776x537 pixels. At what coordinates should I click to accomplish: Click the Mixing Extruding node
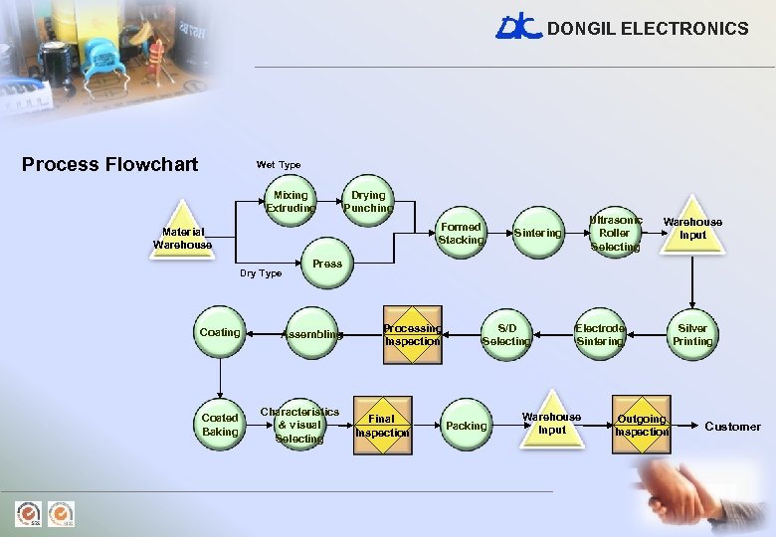(291, 202)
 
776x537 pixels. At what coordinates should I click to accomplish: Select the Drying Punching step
(368, 202)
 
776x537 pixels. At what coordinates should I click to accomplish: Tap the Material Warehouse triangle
(183, 239)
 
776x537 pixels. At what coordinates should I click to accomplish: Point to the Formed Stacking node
(461, 234)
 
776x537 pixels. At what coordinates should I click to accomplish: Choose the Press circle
(327, 264)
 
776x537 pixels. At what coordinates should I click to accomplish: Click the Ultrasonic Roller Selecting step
(615, 233)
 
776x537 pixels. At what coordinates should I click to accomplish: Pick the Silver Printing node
(692, 334)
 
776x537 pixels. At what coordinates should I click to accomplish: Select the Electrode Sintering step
(600, 334)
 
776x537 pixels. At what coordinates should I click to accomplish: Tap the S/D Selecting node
(506, 334)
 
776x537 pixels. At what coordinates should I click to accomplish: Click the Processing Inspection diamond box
(412, 334)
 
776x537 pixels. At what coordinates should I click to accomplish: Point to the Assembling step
(312, 334)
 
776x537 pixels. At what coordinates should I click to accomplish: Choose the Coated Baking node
(220, 425)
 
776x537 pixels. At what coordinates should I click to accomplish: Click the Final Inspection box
(382, 426)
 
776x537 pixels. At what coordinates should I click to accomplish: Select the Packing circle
(467, 426)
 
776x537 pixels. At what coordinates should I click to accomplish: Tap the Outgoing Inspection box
(642, 426)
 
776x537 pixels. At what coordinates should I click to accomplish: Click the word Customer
(732, 427)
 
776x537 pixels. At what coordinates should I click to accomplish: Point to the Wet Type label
(279, 165)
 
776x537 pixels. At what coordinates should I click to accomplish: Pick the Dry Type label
(261, 273)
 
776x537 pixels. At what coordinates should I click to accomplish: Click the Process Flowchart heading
(109, 164)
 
